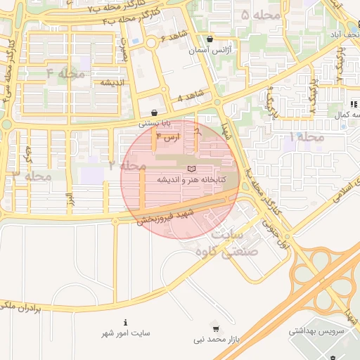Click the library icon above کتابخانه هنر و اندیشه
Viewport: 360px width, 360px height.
point(192,169)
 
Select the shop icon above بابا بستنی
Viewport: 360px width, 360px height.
point(154,112)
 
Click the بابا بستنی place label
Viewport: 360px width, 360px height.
point(154,122)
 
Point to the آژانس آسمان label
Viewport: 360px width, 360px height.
point(210,51)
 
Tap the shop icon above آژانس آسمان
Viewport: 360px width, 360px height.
point(210,40)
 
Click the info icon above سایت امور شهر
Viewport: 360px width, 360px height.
point(125,322)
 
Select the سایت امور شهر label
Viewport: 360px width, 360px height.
point(125,333)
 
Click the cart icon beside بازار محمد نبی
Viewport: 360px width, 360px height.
point(215,328)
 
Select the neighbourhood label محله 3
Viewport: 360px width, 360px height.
point(32,175)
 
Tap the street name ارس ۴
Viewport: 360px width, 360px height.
point(168,139)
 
